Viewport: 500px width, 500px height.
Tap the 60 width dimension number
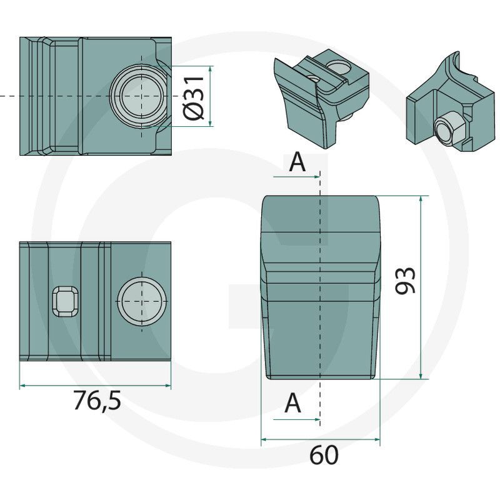tap(324, 455)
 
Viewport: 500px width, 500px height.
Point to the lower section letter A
tap(292, 404)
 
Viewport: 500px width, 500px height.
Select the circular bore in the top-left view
tap(142, 96)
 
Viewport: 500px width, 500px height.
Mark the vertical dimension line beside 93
tap(422, 287)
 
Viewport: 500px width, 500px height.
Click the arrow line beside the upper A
tap(297, 176)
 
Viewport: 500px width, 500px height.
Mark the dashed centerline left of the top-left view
tap(9, 96)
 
